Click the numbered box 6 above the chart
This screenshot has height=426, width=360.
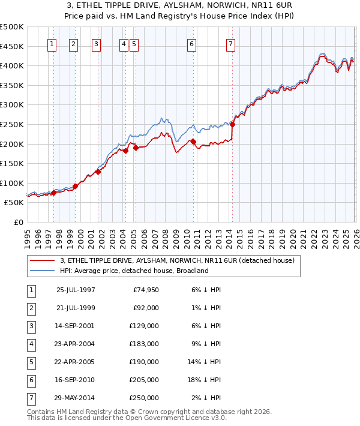(191, 44)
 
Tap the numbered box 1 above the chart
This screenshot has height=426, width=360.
(52, 44)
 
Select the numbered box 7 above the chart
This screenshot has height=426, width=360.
(230, 44)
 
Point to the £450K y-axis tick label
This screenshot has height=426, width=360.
(11, 46)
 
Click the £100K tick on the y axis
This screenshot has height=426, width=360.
(11, 183)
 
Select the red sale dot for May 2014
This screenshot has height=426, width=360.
(232, 125)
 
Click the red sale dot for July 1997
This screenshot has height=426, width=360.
(53, 193)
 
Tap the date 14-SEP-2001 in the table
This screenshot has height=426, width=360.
(76, 327)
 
